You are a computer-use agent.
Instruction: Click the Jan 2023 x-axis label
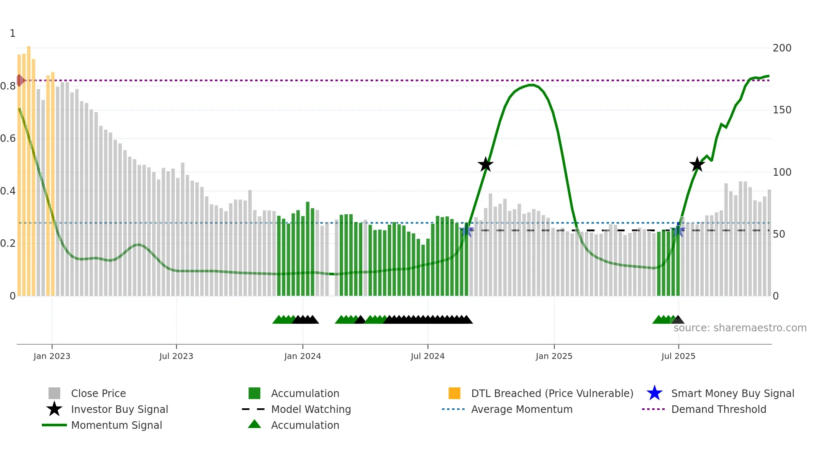click(52, 356)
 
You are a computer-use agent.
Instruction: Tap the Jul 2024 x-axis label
click(428, 356)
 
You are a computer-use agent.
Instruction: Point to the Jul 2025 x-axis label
click(678, 356)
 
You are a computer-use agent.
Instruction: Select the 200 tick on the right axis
click(782, 48)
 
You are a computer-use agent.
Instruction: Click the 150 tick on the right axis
click(782, 110)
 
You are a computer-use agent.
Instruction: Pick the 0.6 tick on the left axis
click(8, 138)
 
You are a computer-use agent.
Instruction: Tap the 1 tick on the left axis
click(13, 33)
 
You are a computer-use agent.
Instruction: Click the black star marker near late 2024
click(485, 165)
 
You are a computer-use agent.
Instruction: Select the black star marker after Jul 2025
click(697, 165)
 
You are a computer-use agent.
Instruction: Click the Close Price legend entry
click(98, 393)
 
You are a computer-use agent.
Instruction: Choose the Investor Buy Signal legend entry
click(119, 409)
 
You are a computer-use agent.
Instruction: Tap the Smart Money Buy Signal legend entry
click(732, 393)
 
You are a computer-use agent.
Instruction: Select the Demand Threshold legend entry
click(718, 409)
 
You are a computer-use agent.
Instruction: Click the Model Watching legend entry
click(310, 409)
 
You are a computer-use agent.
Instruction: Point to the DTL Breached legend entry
click(552, 393)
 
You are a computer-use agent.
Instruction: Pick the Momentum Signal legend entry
click(116, 425)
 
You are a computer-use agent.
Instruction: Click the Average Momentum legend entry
click(521, 409)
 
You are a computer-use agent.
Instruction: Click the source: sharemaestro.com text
click(740, 328)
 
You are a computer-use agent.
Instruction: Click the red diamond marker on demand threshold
click(20, 80)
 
